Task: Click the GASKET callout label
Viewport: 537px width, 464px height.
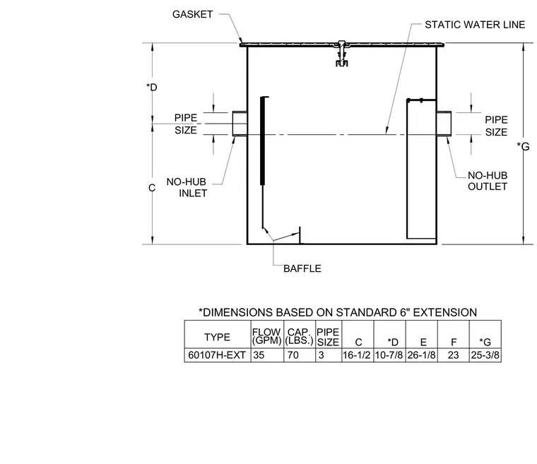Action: tap(192, 14)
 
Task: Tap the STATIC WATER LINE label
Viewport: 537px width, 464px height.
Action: tap(475, 25)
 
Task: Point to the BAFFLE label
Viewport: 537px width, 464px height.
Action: tap(302, 268)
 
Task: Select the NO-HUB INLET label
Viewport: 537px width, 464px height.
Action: tap(187, 187)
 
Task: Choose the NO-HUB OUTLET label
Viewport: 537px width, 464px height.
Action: tap(488, 181)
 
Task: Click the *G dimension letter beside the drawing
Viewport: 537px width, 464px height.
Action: tap(523, 147)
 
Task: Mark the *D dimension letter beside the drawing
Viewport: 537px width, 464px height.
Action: tap(152, 88)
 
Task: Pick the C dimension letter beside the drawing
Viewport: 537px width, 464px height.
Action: tap(152, 188)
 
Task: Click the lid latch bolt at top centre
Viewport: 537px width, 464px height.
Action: tap(342, 54)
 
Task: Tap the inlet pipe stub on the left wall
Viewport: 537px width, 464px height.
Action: tap(240, 124)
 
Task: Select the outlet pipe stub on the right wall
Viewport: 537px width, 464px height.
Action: tap(444, 124)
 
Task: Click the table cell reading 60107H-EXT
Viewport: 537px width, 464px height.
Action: tap(217, 355)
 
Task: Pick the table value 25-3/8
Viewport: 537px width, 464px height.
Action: tap(485, 355)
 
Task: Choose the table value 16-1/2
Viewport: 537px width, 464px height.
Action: tap(357, 355)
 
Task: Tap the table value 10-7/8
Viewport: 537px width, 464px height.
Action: tap(389, 355)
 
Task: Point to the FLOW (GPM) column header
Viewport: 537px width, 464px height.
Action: tap(267, 336)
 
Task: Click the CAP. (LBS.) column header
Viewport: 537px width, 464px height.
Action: tap(299, 336)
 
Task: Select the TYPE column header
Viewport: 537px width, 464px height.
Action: tap(217, 338)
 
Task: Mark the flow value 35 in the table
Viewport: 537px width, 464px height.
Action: tap(259, 355)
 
